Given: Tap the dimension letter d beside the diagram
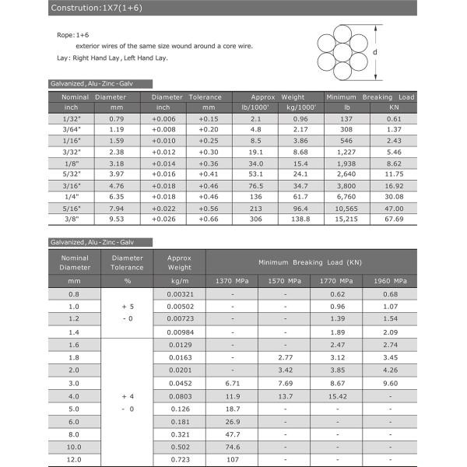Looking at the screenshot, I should pyautogui.click(x=375, y=52).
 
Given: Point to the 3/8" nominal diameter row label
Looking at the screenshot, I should pyautogui.click(x=72, y=219).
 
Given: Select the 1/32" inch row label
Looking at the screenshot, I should pyautogui.click(x=71, y=118).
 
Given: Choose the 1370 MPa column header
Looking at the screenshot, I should pyautogui.click(x=232, y=280).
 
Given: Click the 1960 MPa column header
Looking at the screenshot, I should pyautogui.click(x=390, y=280).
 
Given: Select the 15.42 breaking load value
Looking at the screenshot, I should pyautogui.click(x=337, y=396).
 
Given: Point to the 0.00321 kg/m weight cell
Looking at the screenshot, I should pyautogui.click(x=180, y=294).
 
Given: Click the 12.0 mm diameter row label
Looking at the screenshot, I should pyautogui.click(x=74, y=458).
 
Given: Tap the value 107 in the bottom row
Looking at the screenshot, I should pyautogui.click(x=232, y=458).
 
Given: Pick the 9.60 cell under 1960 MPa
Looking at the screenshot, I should pyautogui.click(x=390, y=384).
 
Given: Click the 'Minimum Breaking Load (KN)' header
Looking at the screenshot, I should pyautogui.click(x=311, y=262).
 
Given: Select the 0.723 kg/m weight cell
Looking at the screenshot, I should pyautogui.click(x=180, y=458).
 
